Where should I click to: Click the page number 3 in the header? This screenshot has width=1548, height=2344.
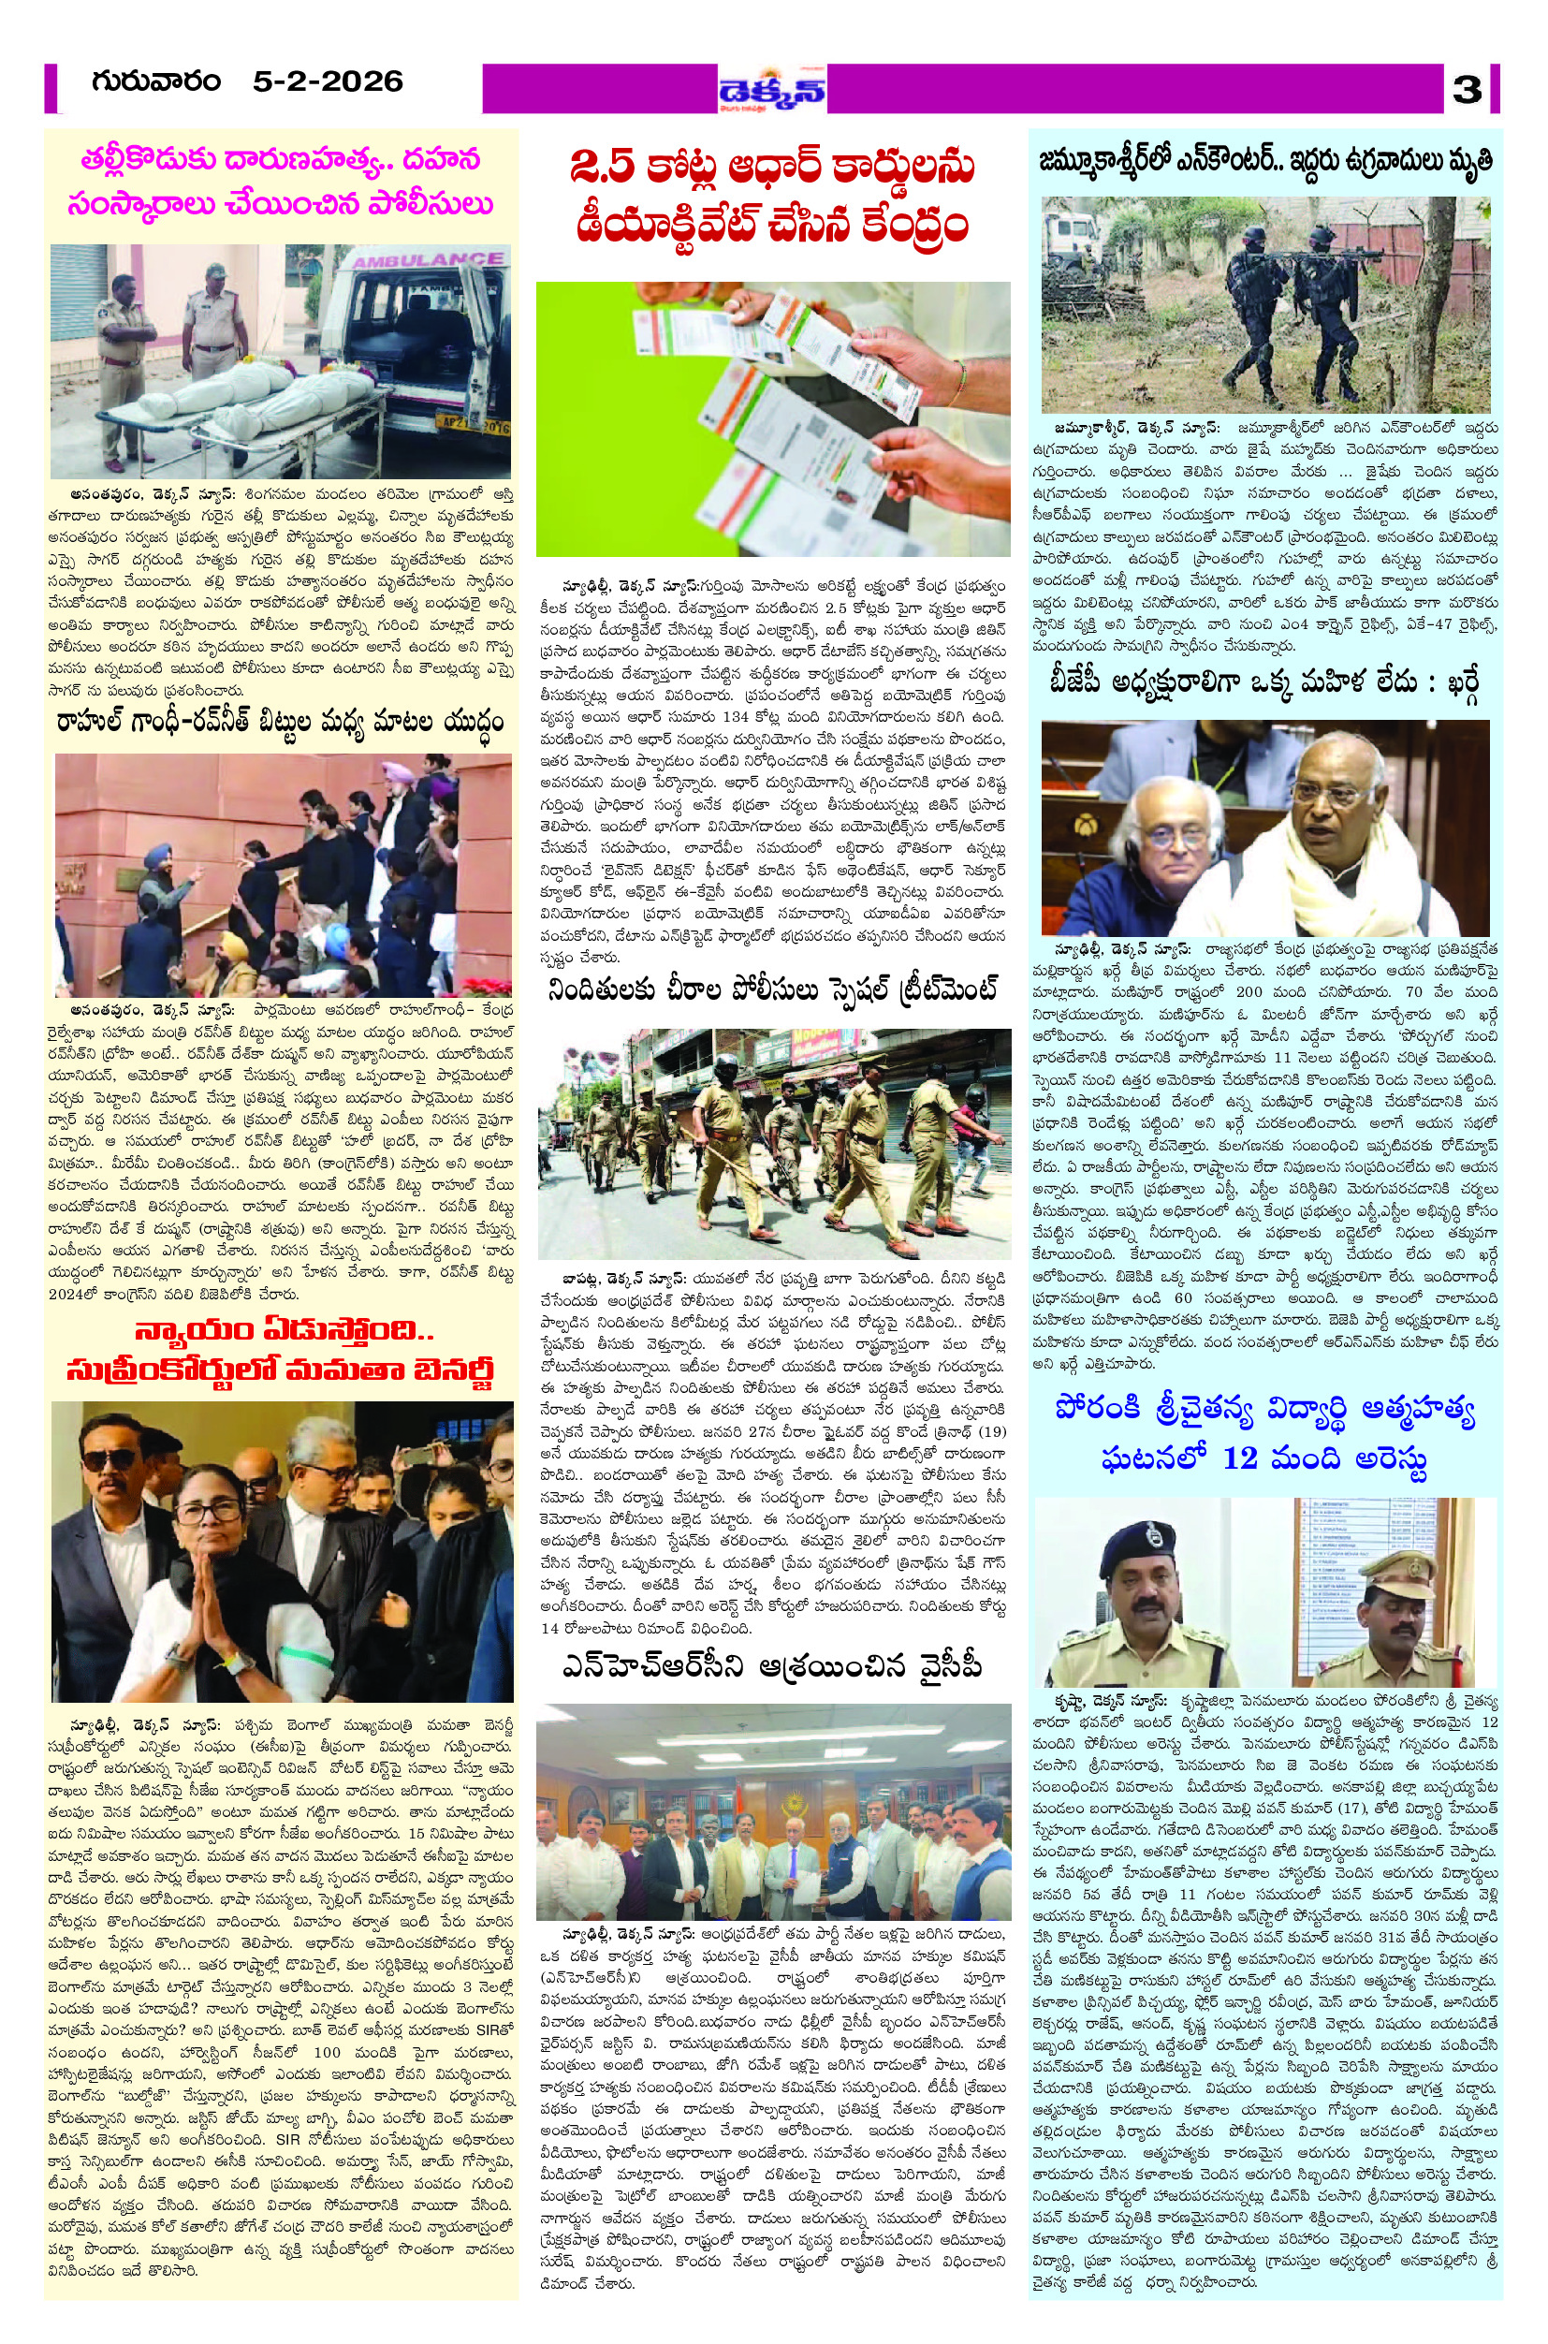(x=1468, y=90)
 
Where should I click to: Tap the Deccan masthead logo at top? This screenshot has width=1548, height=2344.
(x=772, y=90)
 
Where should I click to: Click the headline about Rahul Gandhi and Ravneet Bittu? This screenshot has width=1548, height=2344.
(x=281, y=723)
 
